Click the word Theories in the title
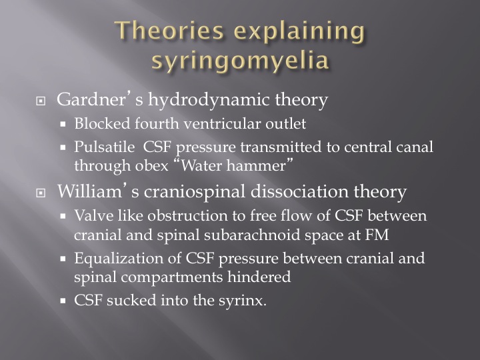pyautogui.click(x=169, y=31)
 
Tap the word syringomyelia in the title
pyautogui.click(x=240, y=60)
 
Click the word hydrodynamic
pyautogui.click(x=209, y=100)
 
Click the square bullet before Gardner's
pyautogui.click(x=41, y=101)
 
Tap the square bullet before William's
pyautogui.click(x=41, y=193)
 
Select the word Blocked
pyautogui.click(x=102, y=124)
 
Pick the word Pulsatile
pyautogui.click(x=105, y=147)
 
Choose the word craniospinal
pyautogui.click(x=195, y=192)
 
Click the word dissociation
pyautogui.click(x=299, y=191)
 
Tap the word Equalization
pyautogui.click(x=119, y=259)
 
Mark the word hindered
pyautogui.click(x=259, y=277)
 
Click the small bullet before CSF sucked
pyautogui.click(x=63, y=301)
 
